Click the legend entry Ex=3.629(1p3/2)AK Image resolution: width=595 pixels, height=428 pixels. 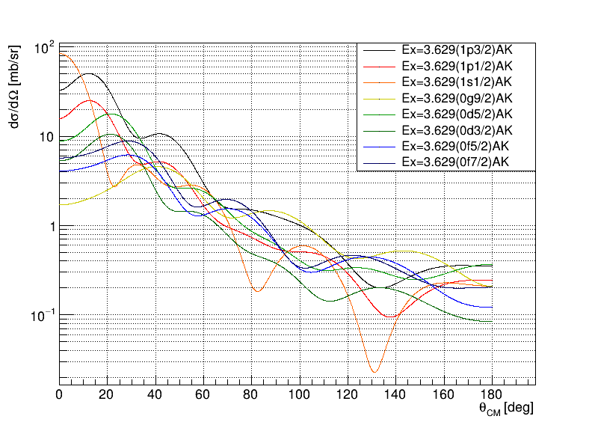(456, 49)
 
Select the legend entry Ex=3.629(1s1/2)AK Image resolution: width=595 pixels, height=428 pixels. (456, 82)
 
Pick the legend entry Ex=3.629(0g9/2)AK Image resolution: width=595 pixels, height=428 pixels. (456, 98)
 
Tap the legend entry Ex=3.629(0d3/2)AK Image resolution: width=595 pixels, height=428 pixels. (456, 130)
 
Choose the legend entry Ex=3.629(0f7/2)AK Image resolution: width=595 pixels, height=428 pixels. (456, 162)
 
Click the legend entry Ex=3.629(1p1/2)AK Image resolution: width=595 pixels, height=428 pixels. (456, 66)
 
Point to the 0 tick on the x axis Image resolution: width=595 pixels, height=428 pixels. (59, 395)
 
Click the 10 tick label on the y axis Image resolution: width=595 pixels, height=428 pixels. (46, 138)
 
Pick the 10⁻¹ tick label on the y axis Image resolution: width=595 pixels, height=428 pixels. (42, 316)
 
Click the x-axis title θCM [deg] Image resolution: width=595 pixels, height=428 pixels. (506, 409)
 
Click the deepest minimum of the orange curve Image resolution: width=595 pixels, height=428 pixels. (374, 371)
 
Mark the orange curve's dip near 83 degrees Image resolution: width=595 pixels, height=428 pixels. (257, 290)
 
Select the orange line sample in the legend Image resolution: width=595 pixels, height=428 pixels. (379, 82)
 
